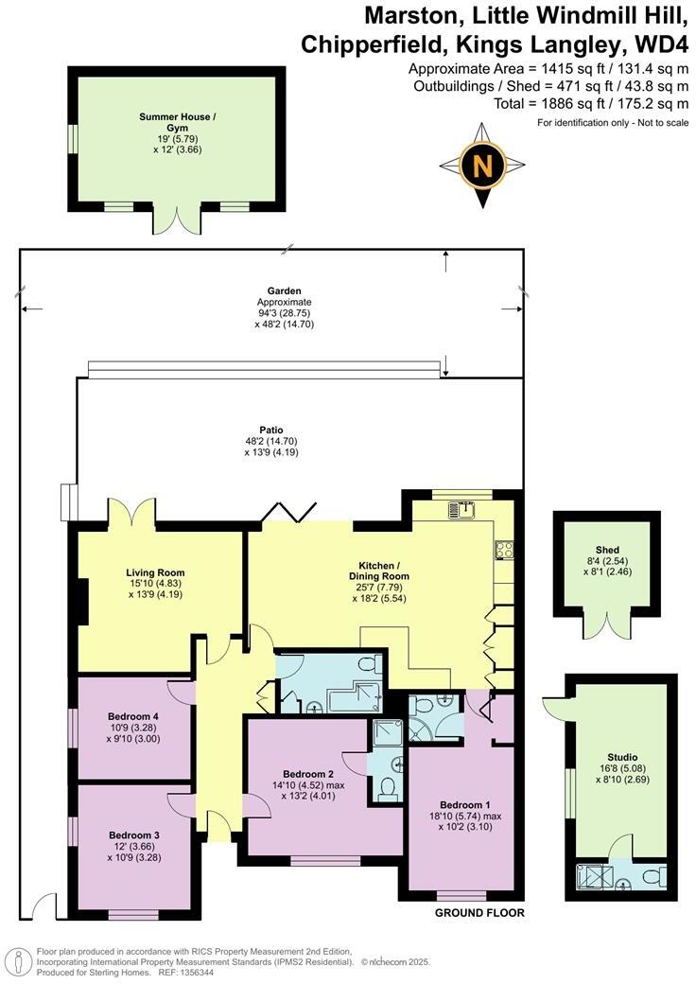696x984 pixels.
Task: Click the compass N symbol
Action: click(x=482, y=167)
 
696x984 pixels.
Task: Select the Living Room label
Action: click(x=155, y=572)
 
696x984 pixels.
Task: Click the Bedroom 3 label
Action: click(x=133, y=835)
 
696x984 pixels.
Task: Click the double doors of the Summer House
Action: click(x=176, y=220)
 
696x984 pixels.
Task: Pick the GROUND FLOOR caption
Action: click(x=478, y=913)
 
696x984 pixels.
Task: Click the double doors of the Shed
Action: click(x=607, y=624)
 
